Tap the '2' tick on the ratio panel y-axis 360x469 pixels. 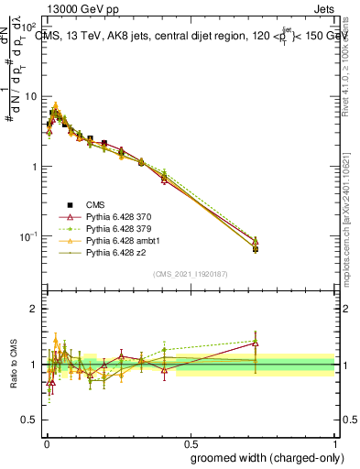pos(34,309)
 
